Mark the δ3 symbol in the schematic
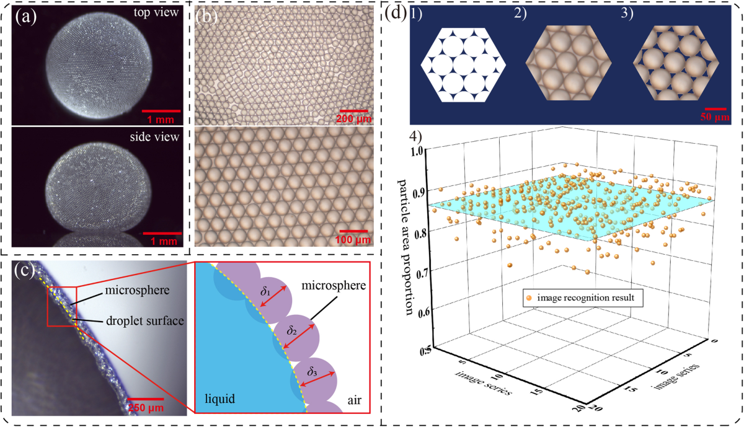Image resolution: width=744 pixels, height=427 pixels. coord(314,372)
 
